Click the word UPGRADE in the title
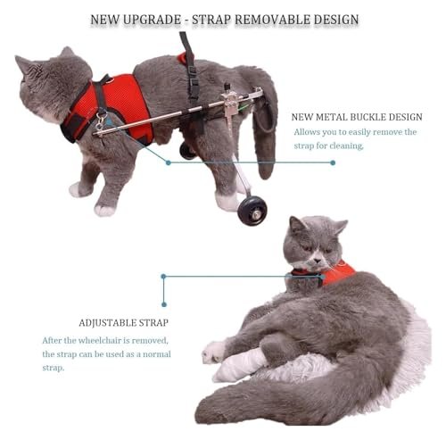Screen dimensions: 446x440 (x=152, y=20)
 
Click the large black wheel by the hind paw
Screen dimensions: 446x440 (x=252, y=211)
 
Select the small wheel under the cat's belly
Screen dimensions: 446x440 (x=186, y=151)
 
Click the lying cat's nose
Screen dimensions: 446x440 (x=318, y=261)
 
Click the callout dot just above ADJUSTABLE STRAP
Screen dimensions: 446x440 (x=164, y=304)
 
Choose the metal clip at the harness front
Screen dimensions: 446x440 (x=101, y=120)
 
